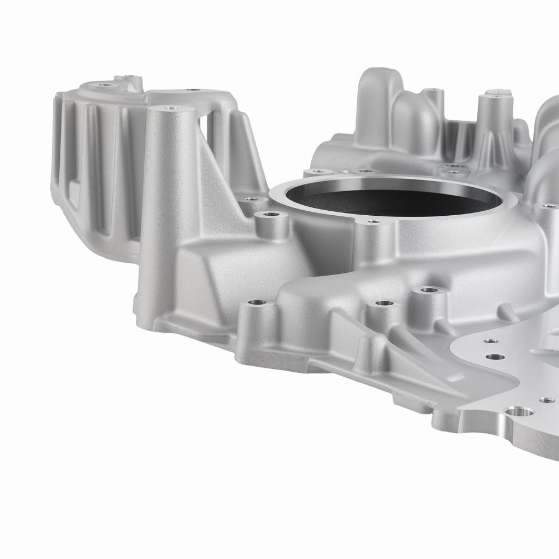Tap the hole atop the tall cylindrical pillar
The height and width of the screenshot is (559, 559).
tap(168, 107)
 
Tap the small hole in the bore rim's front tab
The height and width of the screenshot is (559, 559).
tap(371, 221)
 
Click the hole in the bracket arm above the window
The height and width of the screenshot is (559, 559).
tap(192, 89)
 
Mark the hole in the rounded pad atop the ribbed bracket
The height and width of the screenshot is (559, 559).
tap(104, 86)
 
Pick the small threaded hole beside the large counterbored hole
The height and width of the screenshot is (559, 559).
tap(546, 400)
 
